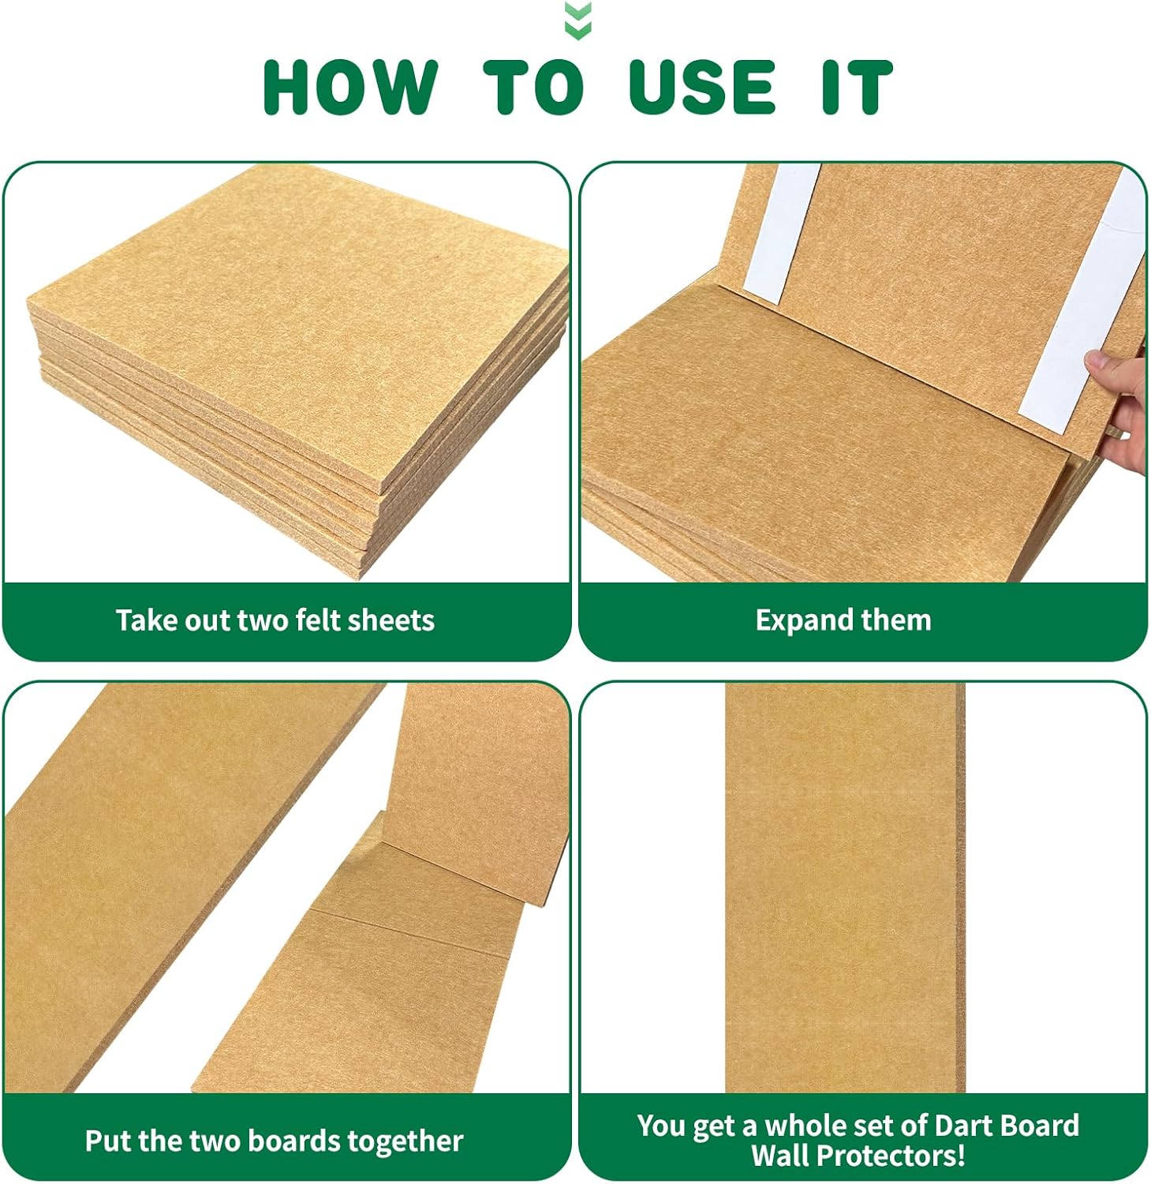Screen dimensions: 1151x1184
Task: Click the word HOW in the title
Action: pos(349,87)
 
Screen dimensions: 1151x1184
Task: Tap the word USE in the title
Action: pos(703,87)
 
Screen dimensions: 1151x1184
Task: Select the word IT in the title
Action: pos(857,87)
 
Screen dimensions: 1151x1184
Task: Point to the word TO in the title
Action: pos(533,87)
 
